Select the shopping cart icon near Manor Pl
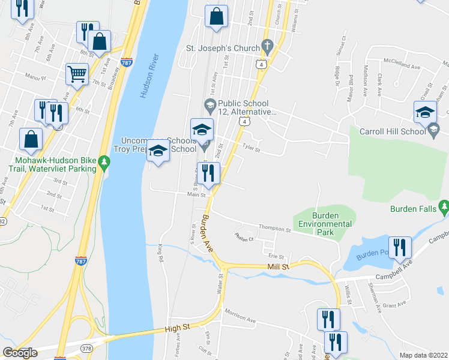[x=77, y=74]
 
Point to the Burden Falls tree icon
[x=444, y=208]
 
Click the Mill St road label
[x=279, y=266]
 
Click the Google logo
[x=20, y=353]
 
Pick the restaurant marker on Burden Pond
[x=400, y=248]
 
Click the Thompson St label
[x=274, y=229]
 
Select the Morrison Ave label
[x=240, y=316]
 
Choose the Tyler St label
[x=251, y=146]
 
